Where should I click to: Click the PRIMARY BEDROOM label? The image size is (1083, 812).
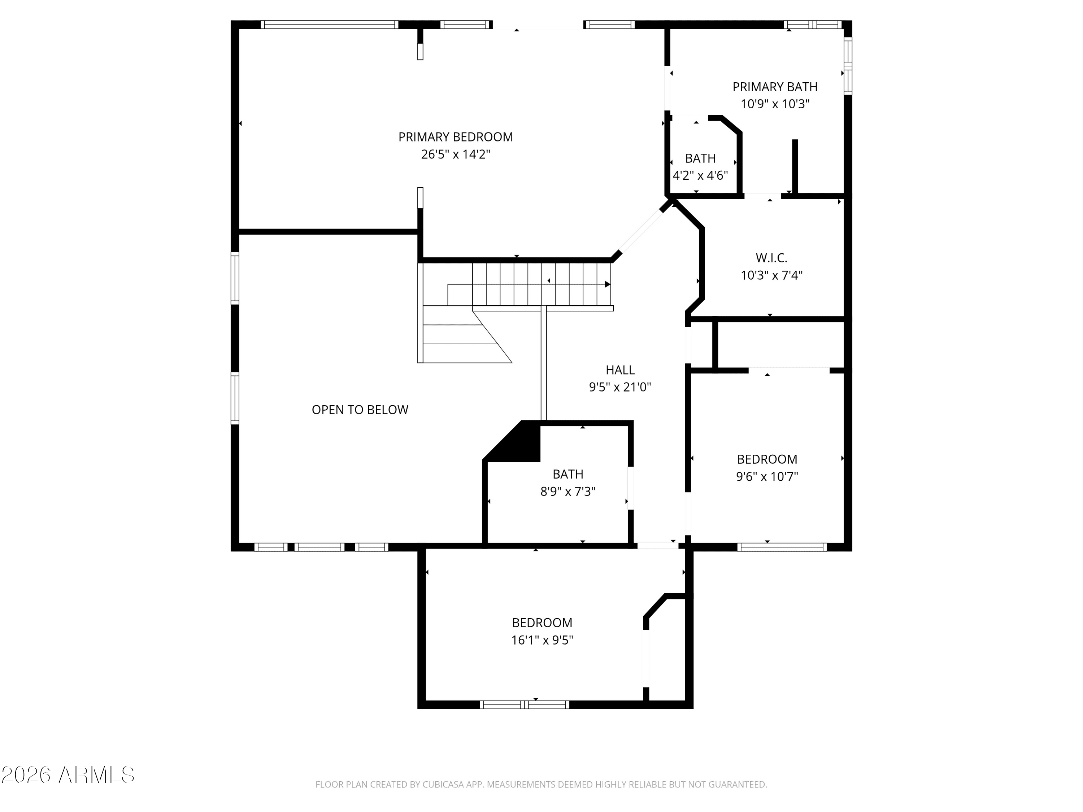(455, 137)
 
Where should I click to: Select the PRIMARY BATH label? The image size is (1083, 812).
(775, 87)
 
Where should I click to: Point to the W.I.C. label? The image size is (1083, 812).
(771, 258)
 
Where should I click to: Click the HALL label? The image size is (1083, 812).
(620, 370)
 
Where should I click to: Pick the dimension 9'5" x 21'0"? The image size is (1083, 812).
(620, 388)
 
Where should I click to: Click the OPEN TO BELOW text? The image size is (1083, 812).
(360, 410)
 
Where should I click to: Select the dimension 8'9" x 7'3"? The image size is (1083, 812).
(567, 492)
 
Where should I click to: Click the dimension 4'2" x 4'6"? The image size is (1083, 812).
(700, 176)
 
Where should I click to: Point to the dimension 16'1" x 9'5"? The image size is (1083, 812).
(542, 640)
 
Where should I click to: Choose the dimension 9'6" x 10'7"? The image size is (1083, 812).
(767, 477)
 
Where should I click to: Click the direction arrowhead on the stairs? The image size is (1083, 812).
(607, 284)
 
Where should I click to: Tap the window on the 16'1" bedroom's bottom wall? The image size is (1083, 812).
(524, 705)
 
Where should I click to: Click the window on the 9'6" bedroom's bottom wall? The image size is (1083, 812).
(782, 547)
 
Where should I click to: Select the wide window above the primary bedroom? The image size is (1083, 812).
(329, 25)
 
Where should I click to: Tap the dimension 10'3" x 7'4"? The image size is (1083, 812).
(771, 276)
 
